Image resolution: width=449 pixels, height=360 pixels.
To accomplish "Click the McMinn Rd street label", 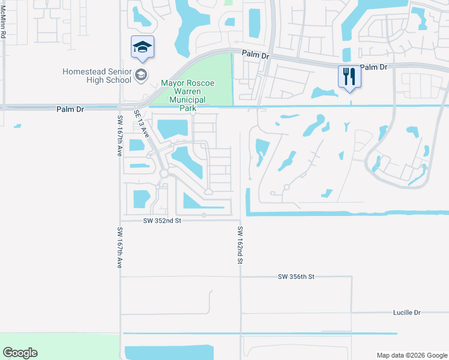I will click(3, 26).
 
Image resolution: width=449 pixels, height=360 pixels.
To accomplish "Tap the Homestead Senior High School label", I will click(97, 76).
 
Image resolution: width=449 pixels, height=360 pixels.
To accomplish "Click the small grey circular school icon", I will click(142, 75).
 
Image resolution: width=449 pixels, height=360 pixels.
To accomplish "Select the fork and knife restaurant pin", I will click(349, 76).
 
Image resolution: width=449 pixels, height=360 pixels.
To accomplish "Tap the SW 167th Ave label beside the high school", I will click(119, 136).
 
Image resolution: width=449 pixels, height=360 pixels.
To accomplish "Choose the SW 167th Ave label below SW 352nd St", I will click(120, 247).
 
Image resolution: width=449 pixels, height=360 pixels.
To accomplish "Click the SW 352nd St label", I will click(162, 221).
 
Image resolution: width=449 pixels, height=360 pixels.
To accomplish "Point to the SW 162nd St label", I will click(240, 245).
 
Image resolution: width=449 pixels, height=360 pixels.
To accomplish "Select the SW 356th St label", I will click(297, 277).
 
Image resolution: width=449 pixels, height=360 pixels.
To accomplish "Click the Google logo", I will click(20, 353).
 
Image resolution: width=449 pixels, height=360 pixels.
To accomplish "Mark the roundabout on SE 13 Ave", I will click(164, 173).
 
